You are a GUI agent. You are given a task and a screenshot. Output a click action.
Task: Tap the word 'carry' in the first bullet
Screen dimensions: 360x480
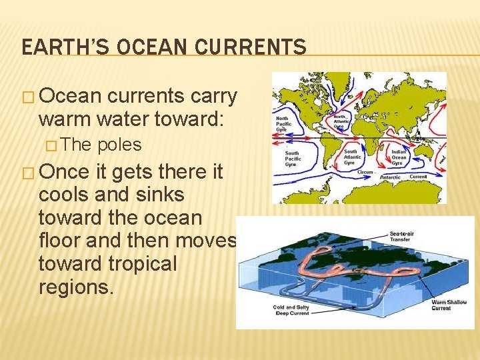point(214,96)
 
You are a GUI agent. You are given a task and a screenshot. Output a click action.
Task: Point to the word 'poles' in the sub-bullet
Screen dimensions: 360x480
point(119,145)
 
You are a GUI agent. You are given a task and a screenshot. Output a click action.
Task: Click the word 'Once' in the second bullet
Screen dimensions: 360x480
point(63,171)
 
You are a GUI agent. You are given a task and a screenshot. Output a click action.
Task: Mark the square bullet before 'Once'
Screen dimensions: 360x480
point(28,173)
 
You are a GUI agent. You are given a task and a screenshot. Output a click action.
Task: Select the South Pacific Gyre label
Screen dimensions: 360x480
point(293,159)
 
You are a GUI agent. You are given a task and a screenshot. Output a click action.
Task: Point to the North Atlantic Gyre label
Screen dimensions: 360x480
point(342,121)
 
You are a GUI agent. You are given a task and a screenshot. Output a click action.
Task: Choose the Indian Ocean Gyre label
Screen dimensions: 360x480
point(399,157)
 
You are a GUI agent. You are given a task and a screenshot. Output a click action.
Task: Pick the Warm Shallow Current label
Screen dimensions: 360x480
point(449,305)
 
